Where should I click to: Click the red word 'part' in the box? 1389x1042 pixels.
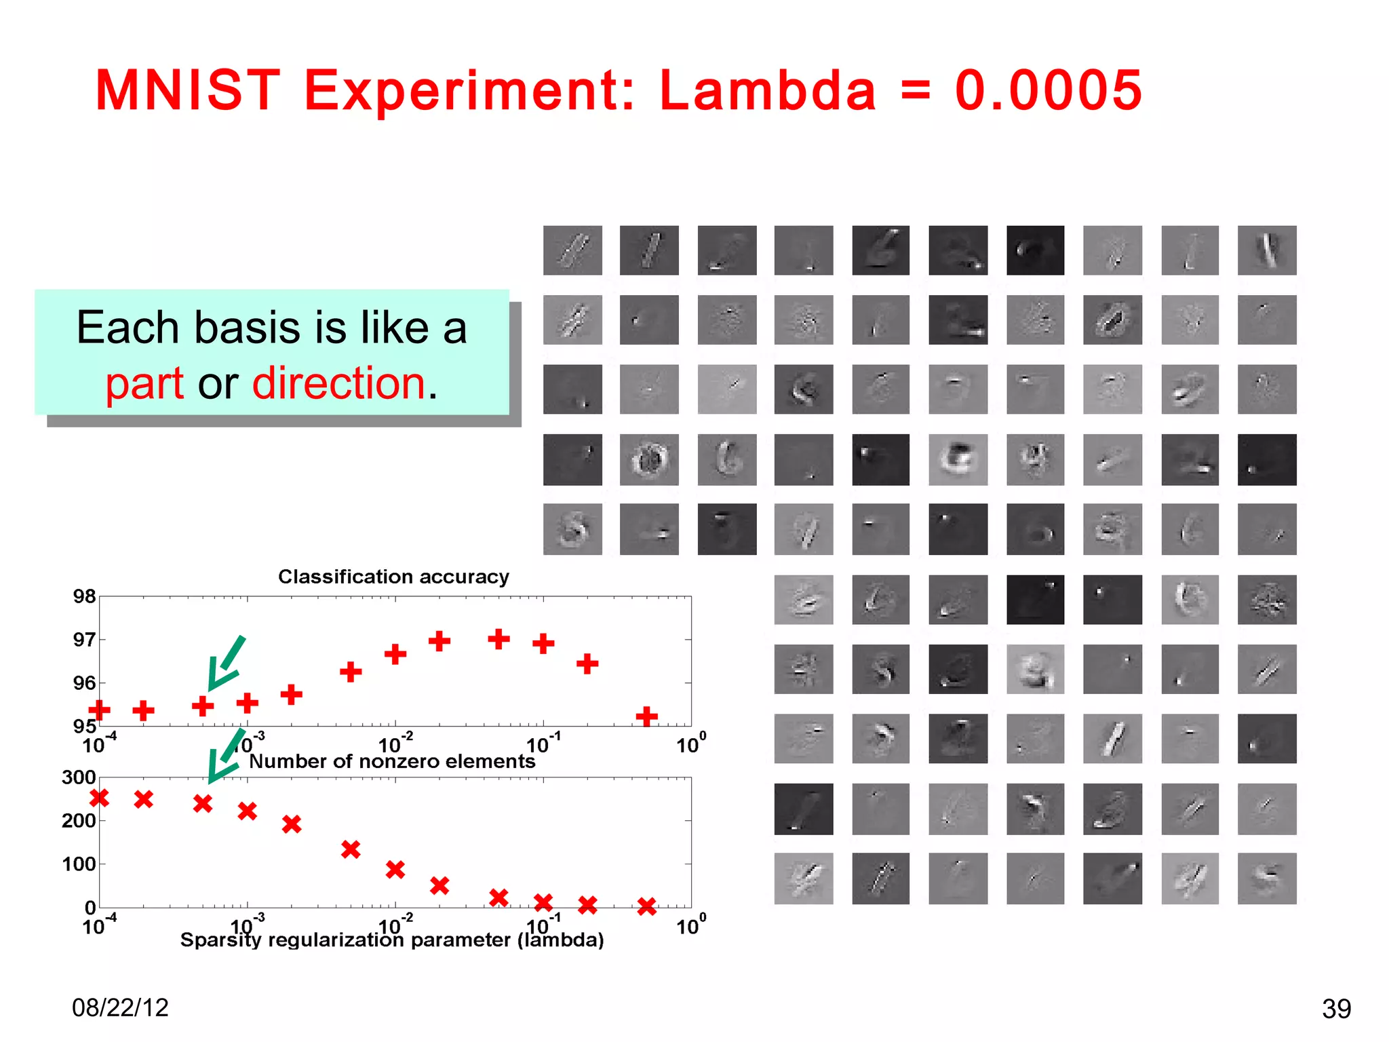[144, 383]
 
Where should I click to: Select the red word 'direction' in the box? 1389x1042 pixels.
[338, 383]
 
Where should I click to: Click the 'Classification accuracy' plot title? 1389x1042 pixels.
[393, 577]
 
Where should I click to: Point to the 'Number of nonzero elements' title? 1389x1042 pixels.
[392, 761]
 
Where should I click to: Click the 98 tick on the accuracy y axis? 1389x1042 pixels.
[84, 596]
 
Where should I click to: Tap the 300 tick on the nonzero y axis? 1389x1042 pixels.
[79, 777]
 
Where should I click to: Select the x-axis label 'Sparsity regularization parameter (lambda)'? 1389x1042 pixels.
[392, 940]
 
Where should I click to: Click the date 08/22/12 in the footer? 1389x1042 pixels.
[120, 1007]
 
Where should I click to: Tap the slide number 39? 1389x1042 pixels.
[1336, 1009]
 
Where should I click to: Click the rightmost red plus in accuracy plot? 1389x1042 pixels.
[646, 716]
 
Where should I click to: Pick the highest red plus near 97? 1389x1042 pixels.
[498, 638]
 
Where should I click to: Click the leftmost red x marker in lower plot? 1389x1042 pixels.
[100, 798]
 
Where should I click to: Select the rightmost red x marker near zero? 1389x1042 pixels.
[646, 906]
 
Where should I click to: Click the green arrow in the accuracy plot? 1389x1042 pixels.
[226, 663]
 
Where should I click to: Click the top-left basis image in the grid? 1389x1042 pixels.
[572, 250]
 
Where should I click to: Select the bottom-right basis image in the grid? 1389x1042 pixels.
[1266, 879]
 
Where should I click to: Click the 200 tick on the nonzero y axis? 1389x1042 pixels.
[79, 821]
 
